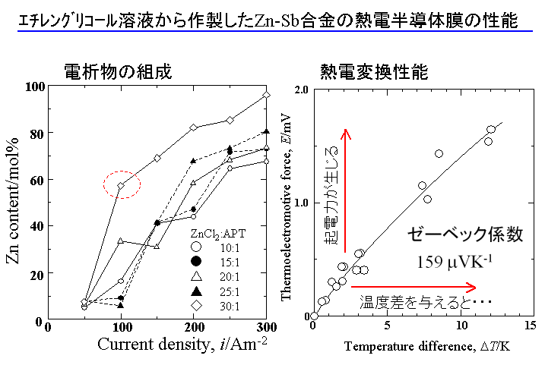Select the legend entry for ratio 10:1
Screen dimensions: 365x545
point(221,247)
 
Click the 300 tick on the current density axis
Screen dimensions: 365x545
point(265,326)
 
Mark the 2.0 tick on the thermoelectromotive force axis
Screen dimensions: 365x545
point(298,90)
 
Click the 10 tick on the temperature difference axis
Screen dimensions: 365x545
point(462,326)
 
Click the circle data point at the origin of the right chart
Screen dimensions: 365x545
point(314,316)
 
